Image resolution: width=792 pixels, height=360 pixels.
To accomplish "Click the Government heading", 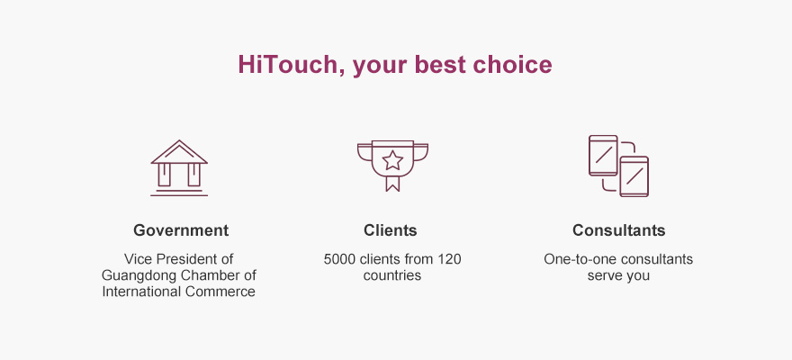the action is point(181,230).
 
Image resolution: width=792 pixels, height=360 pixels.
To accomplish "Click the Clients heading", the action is point(390,230).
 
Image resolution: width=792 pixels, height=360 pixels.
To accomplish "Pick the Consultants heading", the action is point(619,230).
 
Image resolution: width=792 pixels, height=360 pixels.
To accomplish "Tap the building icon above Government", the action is point(179,167).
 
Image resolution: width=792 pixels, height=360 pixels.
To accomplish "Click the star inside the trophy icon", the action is point(392,160).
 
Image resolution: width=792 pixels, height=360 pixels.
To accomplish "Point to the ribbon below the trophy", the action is point(392,183).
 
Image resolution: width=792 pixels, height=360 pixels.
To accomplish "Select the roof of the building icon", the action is point(179,151).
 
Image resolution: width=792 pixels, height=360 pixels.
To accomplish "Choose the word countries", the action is point(392,275).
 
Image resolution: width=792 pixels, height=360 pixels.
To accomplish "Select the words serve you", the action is point(618,275).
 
